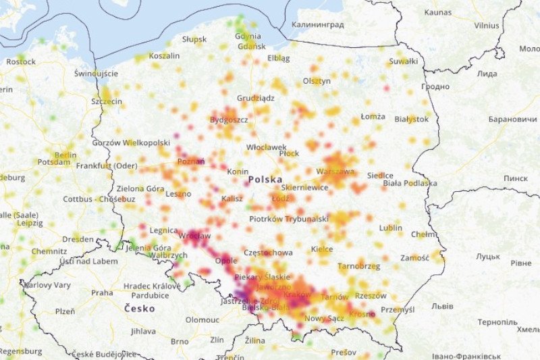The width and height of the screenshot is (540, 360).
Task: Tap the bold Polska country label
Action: coord(267,180)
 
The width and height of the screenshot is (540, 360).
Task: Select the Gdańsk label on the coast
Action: coord(251,47)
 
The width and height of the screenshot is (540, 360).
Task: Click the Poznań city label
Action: coord(190,162)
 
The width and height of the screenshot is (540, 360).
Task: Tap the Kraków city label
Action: coord(297,295)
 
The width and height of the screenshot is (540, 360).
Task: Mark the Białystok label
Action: coord(411,119)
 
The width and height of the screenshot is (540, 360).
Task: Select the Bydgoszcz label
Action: coord(230,120)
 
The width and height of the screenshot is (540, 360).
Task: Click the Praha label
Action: coord(102,293)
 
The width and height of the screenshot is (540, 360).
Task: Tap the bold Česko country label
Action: coord(139,309)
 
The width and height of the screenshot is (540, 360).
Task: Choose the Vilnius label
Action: coord(487,25)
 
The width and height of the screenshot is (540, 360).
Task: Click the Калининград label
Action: coord(317,25)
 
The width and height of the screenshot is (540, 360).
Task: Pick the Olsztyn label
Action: coord(317,81)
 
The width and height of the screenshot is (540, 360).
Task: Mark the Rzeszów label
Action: coord(371,296)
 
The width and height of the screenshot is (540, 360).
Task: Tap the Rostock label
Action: coord(21,61)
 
